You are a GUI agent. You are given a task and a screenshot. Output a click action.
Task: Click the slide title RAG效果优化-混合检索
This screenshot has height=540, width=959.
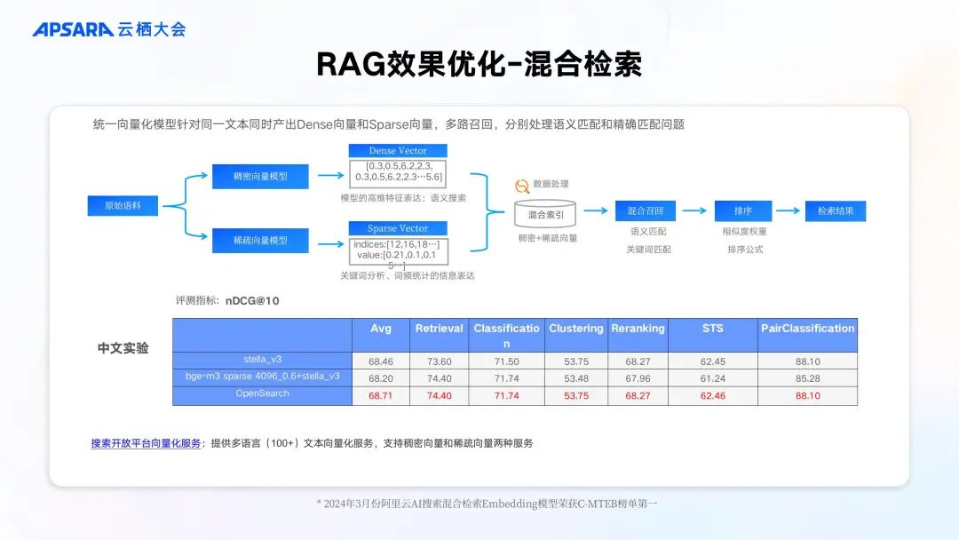pos(479,64)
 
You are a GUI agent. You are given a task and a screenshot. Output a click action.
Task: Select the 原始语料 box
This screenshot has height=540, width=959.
pos(123,206)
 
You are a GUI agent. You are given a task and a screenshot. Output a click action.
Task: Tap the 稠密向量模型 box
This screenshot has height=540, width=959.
pos(260,176)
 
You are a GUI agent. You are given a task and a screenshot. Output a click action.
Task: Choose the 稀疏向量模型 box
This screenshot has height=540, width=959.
pos(260,240)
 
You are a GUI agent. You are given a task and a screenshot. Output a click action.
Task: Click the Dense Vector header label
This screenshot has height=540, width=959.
pos(398,151)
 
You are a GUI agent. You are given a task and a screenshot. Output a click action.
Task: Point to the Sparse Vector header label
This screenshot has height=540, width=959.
pos(398,228)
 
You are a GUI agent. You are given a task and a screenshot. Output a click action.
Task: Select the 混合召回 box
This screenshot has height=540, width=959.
pos(646,211)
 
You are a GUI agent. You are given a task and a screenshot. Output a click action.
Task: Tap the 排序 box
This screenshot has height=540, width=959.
pos(743,211)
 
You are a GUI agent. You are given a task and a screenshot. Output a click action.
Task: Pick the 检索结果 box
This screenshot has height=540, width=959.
pos(836,211)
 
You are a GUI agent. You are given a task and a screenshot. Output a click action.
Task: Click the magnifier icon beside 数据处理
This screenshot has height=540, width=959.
pos(522,186)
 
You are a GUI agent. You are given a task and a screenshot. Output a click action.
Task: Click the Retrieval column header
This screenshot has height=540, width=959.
pos(439,329)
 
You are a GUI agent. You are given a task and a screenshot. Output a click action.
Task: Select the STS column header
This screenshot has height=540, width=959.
pos(712,329)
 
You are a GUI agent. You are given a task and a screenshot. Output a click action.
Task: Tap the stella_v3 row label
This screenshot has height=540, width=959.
pos(262,360)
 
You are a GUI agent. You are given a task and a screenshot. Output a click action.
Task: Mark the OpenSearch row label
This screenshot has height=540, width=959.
pos(262,393)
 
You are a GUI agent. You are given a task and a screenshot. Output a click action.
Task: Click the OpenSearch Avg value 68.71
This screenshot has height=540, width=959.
pos(380,395)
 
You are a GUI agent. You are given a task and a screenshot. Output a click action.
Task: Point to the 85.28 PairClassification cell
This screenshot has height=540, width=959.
pos(807,378)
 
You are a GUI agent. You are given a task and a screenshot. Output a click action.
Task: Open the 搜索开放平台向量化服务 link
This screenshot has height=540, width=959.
pos(146,442)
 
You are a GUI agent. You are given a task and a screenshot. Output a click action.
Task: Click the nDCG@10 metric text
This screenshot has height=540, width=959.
pos(252,301)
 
